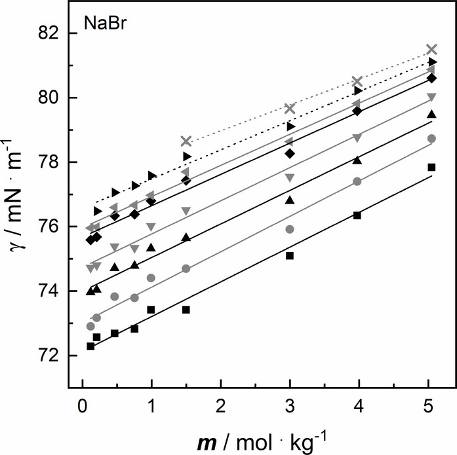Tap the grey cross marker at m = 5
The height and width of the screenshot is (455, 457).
click(x=431, y=49)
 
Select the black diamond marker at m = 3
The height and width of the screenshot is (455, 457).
click(x=290, y=153)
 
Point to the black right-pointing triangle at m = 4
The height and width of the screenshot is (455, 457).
click(x=357, y=90)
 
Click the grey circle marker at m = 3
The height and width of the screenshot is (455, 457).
click(x=290, y=229)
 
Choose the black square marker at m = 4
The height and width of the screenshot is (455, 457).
click(x=357, y=215)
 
